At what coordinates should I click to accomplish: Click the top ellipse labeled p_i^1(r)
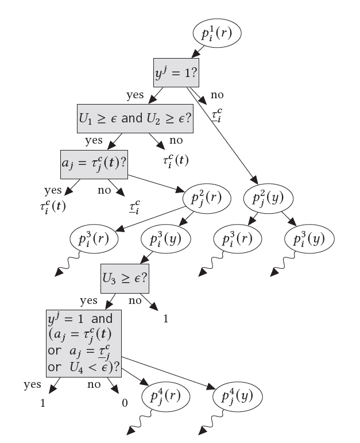(x=217, y=33)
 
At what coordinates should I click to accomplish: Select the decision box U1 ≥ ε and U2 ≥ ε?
(x=136, y=119)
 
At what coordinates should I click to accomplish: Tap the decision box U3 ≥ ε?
(x=125, y=279)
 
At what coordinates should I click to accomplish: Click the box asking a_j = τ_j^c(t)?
(x=94, y=164)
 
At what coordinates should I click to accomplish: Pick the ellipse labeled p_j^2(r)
(x=207, y=198)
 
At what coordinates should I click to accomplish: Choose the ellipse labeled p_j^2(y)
(x=268, y=198)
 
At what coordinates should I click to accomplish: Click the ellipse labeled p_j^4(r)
(x=165, y=396)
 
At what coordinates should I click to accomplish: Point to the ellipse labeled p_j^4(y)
(x=238, y=396)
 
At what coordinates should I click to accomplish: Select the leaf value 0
(x=125, y=403)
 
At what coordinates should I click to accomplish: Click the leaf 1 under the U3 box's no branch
(x=166, y=319)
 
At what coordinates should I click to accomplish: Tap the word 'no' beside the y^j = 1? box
(x=217, y=95)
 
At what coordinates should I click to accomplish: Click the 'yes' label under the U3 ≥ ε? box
(x=88, y=301)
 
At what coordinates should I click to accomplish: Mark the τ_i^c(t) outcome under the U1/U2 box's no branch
(x=176, y=161)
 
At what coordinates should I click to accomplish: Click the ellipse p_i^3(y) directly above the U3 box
(x=166, y=239)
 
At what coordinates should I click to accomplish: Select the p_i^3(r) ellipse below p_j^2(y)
(x=238, y=239)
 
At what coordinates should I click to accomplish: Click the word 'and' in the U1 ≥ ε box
(x=132, y=118)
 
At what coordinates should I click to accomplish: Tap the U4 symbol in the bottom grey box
(x=76, y=367)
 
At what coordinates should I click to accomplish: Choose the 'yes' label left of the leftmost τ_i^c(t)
(x=53, y=191)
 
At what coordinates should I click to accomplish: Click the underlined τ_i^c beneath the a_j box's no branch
(x=135, y=207)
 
